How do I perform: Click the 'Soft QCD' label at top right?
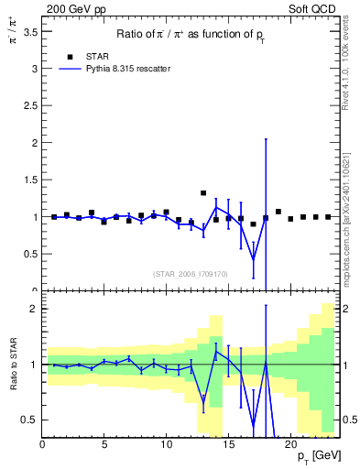click(x=314, y=8)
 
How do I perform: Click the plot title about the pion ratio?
click(x=191, y=35)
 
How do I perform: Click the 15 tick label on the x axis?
click(x=227, y=445)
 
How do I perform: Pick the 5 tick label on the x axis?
click(x=104, y=445)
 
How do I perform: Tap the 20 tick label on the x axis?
click(x=289, y=445)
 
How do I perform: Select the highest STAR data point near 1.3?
click(x=203, y=193)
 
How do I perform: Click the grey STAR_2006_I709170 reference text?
click(x=191, y=273)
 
